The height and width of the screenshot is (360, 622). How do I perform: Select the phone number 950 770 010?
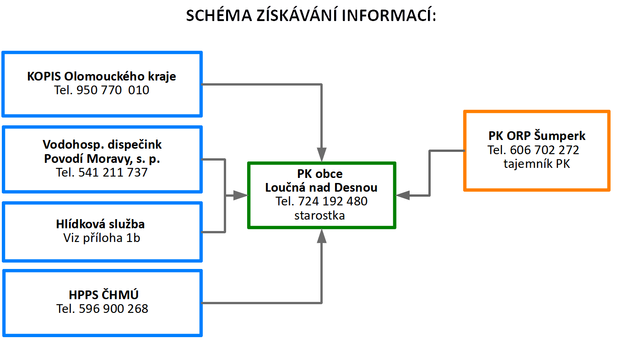(113, 90)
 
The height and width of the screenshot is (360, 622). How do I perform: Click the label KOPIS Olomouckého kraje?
(101, 76)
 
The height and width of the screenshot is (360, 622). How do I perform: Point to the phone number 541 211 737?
(113, 172)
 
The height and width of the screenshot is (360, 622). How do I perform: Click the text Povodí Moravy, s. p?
(102, 159)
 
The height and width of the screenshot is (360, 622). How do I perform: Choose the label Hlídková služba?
(100, 224)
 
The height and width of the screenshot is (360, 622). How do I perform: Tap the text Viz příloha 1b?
(102, 238)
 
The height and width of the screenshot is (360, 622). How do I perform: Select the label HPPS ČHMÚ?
(103, 295)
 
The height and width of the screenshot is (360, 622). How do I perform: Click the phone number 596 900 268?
(114, 309)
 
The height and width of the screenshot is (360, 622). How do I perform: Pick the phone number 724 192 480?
(333, 202)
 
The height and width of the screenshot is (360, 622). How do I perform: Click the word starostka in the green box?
(319, 215)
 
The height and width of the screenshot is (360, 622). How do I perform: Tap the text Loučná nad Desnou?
(321, 188)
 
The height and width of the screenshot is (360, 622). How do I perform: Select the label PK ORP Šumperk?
(537, 136)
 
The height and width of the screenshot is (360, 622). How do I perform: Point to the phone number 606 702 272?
(544, 150)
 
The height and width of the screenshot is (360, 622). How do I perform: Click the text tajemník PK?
(537, 164)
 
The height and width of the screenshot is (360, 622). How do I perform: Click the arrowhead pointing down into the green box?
(322, 155)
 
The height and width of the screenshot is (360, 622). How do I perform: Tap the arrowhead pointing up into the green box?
(322, 236)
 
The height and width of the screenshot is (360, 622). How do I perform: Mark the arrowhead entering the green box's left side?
(240, 195)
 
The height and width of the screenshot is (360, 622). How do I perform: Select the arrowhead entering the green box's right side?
(403, 195)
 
